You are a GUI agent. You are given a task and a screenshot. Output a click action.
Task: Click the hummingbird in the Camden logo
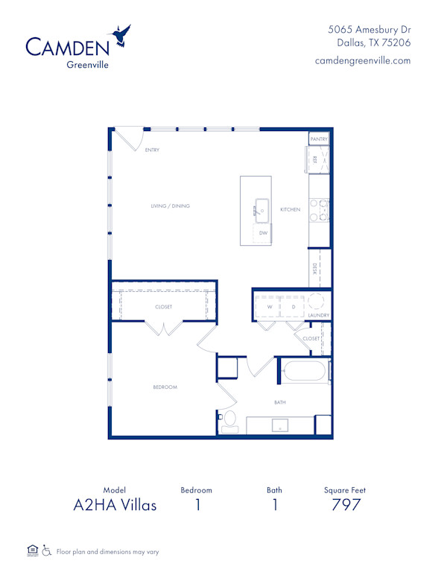click(121, 36)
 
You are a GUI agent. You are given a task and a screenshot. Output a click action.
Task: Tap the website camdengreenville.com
click(363, 60)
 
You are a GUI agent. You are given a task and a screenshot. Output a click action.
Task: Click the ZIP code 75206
click(396, 42)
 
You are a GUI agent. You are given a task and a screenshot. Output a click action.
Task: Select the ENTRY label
click(152, 150)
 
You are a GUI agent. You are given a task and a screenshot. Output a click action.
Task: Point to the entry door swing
click(130, 139)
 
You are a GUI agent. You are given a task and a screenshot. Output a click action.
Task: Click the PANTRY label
click(319, 139)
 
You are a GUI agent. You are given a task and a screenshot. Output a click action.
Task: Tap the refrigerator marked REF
click(317, 159)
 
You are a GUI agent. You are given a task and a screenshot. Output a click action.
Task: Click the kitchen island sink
click(261, 211)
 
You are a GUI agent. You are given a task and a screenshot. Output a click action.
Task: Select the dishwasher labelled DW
click(262, 233)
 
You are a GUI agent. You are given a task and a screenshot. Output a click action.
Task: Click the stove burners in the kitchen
click(319, 210)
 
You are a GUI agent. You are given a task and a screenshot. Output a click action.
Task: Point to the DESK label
click(314, 269)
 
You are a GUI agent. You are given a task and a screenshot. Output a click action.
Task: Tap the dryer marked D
click(293, 306)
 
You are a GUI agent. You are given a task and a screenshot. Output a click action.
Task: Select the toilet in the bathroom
click(229, 422)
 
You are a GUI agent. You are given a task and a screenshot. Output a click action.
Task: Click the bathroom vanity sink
click(280, 425)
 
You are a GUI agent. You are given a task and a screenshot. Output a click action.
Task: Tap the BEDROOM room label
click(165, 387)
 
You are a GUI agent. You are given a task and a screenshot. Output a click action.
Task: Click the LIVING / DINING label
click(170, 206)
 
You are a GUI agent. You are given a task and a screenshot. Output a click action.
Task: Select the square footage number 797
click(346, 505)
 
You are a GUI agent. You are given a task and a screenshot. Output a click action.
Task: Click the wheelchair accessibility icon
click(46, 550)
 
